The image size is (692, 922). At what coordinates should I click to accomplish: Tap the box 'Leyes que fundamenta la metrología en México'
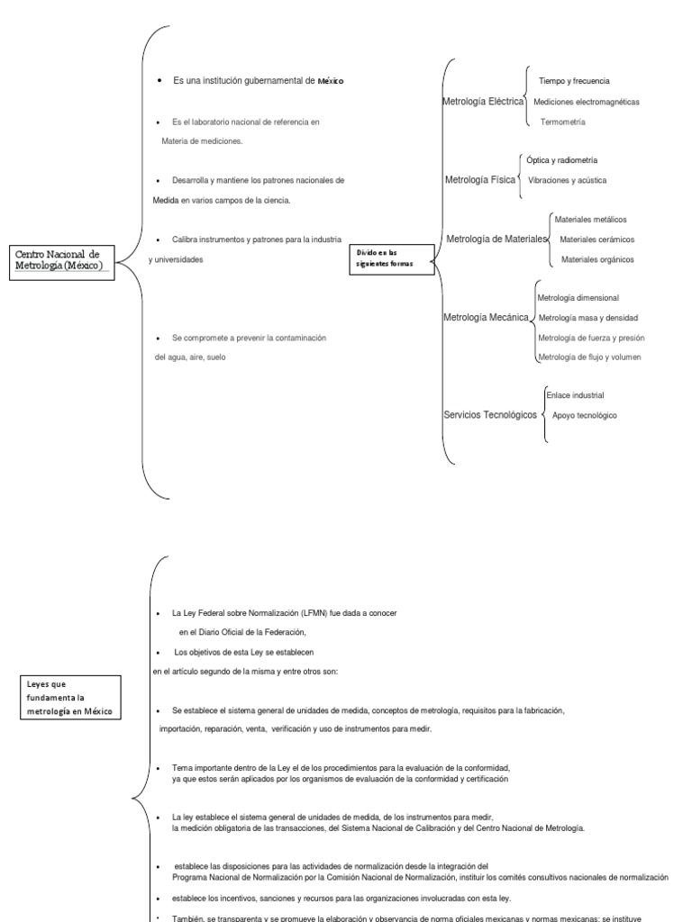(x=73, y=698)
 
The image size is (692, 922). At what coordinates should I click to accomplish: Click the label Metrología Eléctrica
(x=483, y=102)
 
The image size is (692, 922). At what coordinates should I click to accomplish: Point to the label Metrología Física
(x=480, y=180)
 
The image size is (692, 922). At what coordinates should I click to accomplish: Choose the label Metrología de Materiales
(x=496, y=239)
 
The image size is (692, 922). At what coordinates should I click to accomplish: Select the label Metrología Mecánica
(x=485, y=317)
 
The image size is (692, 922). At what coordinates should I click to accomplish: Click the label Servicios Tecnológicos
(x=489, y=414)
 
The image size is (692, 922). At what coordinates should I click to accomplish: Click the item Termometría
(x=563, y=122)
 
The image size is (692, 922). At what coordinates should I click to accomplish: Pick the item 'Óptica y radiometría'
(x=561, y=159)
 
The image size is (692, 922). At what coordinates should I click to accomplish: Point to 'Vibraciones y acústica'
(x=567, y=180)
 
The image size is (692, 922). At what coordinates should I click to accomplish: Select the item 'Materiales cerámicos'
(x=596, y=240)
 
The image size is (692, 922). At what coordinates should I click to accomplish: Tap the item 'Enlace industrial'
(x=575, y=395)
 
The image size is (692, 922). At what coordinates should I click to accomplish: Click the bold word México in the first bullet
(x=329, y=81)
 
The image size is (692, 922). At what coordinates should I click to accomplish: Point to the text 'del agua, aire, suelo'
(x=190, y=357)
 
